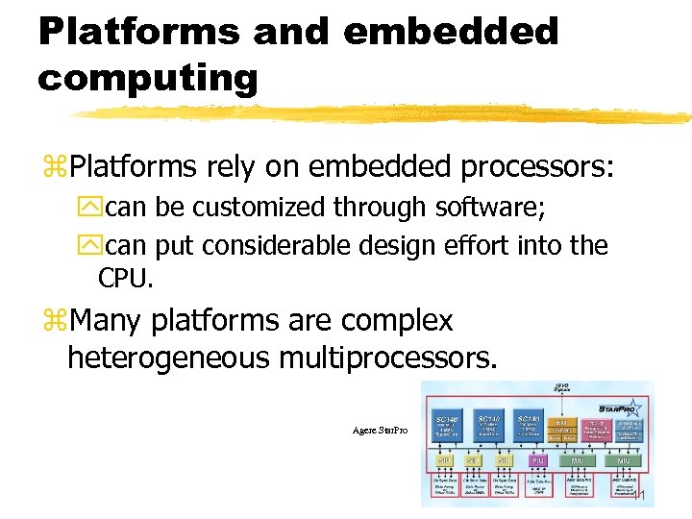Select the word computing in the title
[x=148, y=78]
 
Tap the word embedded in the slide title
[x=450, y=31]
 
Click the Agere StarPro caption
[x=381, y=430]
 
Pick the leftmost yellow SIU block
[x=446, y=461]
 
